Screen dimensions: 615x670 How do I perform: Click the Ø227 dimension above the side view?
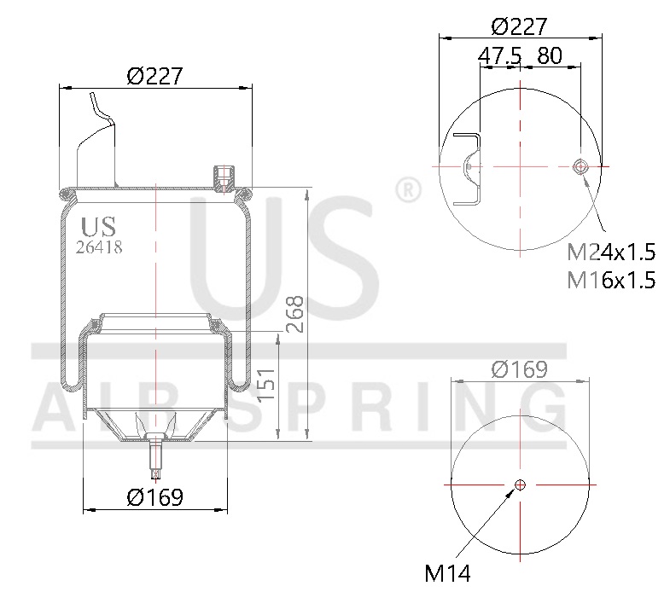[x=155, y=76]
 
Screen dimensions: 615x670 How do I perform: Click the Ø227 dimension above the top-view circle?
[x=519, y=26]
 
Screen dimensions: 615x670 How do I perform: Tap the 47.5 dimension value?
[x=499, y=56]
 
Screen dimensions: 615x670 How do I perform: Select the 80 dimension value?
[x=551, y=56]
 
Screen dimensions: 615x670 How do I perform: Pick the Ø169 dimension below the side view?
[x=154, y=497]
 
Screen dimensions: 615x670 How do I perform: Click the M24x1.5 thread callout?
[x=611, y=252]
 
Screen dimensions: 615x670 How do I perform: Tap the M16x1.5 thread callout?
[x=611, y=279]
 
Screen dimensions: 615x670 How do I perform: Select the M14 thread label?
[x=448, y=573]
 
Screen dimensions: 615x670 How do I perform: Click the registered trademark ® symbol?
[x=407, y=189]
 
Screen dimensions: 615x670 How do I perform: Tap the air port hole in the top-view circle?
[x=581, y=166]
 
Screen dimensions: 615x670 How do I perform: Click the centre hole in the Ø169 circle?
[x=520, y=485]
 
